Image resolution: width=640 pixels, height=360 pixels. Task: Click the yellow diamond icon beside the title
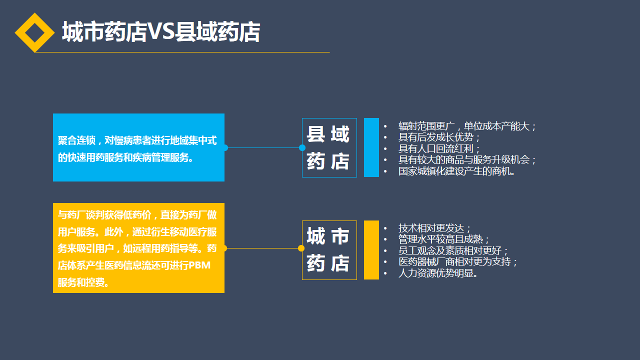coord(34,32)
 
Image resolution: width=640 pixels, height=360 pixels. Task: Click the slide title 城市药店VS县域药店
coord(160,32)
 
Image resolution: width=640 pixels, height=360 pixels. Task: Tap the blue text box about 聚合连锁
coord(138,147)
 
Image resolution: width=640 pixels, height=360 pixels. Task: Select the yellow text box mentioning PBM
coord(138,248)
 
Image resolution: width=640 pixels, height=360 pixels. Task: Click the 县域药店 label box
coord(329,147)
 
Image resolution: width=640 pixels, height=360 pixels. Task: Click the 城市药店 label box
coord(329,250)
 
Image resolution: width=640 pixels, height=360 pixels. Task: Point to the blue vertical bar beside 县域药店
coord(371,147)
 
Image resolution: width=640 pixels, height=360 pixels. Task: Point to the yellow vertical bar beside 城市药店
coord(371,250)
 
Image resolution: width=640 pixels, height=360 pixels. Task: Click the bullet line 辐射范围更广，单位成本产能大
coord(467,126)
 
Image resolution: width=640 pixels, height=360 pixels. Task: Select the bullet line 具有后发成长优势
coord(439,137)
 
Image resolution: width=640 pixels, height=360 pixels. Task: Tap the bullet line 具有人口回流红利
coord(439,148)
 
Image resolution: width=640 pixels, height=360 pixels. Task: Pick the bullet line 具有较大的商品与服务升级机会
coord(467,160)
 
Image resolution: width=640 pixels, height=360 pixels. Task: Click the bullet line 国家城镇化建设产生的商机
coord(456,171)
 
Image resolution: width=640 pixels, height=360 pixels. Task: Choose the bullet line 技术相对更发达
coord(434,228)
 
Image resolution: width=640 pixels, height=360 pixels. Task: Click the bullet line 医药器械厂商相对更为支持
coord(458,262)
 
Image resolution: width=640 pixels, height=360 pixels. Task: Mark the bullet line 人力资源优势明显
coord(438,273)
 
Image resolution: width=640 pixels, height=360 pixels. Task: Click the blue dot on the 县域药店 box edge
coord(302,147)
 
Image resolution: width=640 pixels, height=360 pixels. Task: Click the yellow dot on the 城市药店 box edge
coord(301,248)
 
